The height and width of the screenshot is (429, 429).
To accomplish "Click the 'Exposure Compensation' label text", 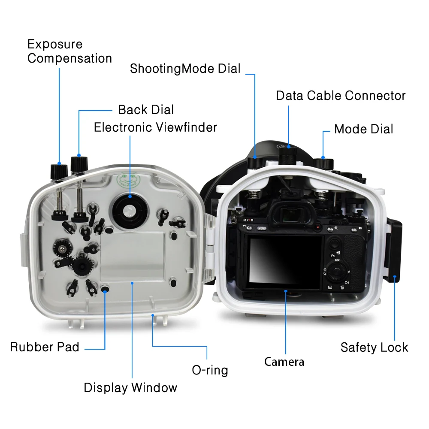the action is click(x=69, y=51).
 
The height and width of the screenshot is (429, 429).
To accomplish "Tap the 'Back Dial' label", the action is click(x=146, y=110).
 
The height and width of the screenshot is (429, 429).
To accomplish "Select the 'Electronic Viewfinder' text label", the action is click(x=155, y=127).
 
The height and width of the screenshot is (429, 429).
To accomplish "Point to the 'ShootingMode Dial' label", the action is click(x=185, y=69).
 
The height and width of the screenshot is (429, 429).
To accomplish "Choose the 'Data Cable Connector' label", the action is click(x=341, y=95).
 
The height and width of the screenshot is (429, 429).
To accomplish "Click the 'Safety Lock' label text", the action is click(x=374, y=347).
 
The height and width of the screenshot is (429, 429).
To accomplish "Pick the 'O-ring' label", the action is click(x=210, y=370).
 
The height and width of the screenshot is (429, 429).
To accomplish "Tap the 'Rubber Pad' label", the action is click(x=45, y=347).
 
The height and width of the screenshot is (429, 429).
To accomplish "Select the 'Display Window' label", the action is click(x=130, y=388).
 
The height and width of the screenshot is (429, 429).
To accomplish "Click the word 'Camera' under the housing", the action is click(x=284, y=362).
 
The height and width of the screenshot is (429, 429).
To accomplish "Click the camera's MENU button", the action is click(x=262, y=229).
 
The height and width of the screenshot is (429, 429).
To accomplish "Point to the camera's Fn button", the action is click(x=333, y=256).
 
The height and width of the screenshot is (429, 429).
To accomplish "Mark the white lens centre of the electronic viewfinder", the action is click(x=128, y=210).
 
